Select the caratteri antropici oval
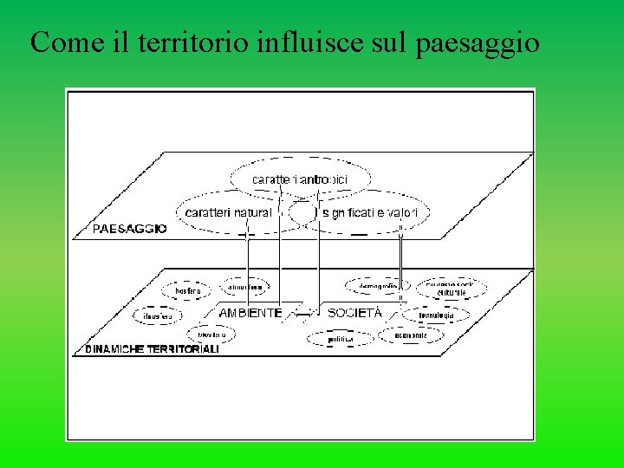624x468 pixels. pos(300,179)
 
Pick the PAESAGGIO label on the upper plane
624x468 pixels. pos(130,230)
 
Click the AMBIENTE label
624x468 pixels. pos(250,313)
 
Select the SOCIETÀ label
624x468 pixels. pos(354,313)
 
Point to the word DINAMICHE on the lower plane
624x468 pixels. pos(116,349)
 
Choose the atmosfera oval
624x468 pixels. pos(247,285)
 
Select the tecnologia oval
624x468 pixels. pos(436,315)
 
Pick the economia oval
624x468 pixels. pos(411,335)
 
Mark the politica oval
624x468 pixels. pos(340,339)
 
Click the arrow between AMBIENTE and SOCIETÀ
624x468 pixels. pos(304,313)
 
